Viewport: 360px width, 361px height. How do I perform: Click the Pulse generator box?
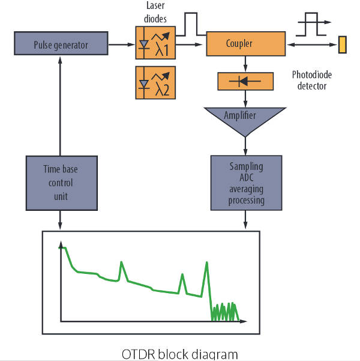point(61,44)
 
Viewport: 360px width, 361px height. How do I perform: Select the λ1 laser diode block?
point(155,42)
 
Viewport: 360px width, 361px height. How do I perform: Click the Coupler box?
point(245,44)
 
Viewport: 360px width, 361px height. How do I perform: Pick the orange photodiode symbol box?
point(245,81)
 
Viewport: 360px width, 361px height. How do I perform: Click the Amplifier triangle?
point(245,118)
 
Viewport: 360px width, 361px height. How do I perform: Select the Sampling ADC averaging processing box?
point(245,183)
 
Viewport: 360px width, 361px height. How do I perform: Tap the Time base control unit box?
point(61,183)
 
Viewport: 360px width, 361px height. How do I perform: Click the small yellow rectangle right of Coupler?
point(343,44)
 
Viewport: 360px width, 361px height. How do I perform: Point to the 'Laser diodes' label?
point(155,11)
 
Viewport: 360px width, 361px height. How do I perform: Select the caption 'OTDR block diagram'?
point(179,353)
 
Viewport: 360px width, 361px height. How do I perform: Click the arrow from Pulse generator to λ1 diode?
point(122,44)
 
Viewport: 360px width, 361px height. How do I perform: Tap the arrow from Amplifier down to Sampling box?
point(245,144)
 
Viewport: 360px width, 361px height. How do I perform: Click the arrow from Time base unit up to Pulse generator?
point(61,102)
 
